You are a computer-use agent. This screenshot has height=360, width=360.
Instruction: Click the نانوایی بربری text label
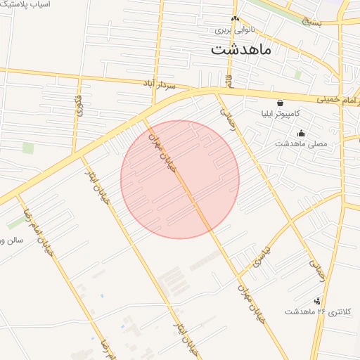pyautogui.click(x=234, y=30)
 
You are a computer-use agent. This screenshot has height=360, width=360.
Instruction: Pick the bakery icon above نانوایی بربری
pyautogui.click(x=235, y=19)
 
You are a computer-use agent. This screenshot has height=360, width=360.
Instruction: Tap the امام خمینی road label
pyautogui.click(x=336, y=99)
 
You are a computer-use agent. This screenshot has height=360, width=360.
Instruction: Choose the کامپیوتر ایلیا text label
pyautogui.click(x=281, y=113)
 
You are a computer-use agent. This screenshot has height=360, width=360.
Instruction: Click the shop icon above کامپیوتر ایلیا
pyautogui.click(x=281, y=103)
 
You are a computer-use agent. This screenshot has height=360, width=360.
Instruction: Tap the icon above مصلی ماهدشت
pyautogui.click(x=302, y=134)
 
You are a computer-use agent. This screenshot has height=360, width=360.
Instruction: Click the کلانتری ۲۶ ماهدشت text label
pyautogui.click(x=322, y=311)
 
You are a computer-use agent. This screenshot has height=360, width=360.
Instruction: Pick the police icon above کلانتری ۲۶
pyautogui.click(x=317, y=300)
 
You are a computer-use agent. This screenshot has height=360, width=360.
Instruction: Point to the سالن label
pyautogui.click(x=12, y=240)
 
